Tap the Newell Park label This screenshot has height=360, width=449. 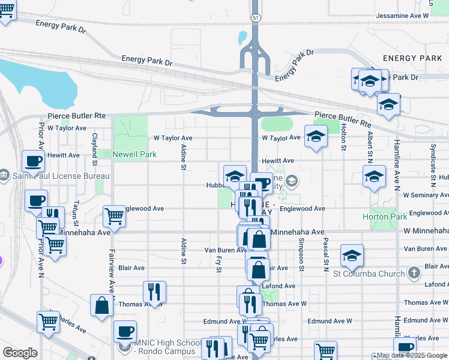134,155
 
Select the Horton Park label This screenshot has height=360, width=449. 381,216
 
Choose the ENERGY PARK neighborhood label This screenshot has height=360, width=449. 411,58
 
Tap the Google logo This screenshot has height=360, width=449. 20,353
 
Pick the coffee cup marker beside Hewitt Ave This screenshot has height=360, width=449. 34,161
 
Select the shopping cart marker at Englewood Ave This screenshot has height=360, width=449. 114,216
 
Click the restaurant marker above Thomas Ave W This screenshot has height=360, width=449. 154,292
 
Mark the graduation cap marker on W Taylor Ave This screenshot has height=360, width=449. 316,136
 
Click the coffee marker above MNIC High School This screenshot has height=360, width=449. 125,331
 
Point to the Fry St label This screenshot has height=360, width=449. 218,263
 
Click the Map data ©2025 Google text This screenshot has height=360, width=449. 412,355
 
